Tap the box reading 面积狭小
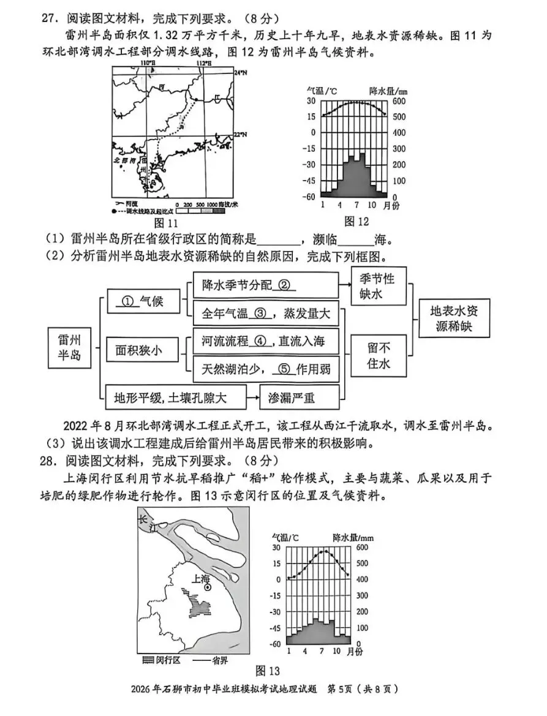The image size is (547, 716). coord(139,350)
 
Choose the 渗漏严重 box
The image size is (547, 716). coord(291,398)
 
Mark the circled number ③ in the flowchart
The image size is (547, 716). coord(259,314)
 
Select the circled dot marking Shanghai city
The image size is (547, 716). coord(208,587)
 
